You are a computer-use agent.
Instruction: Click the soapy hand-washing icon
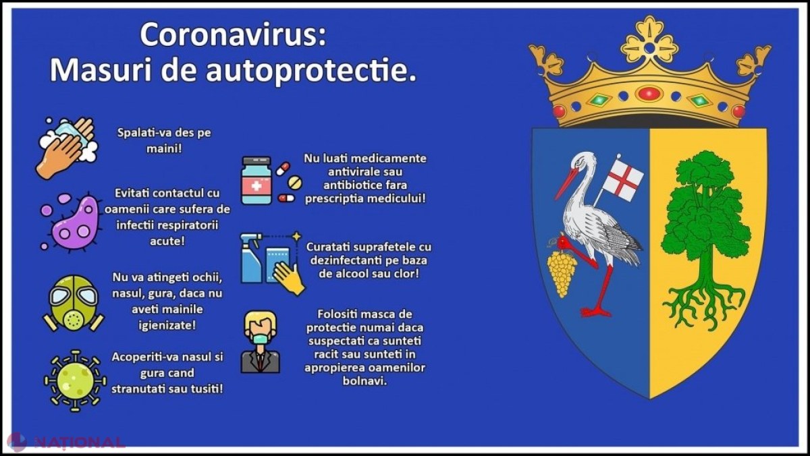67,148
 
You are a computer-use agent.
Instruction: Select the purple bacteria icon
70,222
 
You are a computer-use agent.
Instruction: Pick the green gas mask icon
74,303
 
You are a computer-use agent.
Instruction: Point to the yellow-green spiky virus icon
75,381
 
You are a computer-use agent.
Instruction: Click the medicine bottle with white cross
256,181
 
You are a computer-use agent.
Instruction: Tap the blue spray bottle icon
252,258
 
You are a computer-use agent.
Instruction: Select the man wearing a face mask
261,342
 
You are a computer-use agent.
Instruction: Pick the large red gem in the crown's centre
650,94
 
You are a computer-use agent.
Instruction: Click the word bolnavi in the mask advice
364,381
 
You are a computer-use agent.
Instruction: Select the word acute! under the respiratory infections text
167,241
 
